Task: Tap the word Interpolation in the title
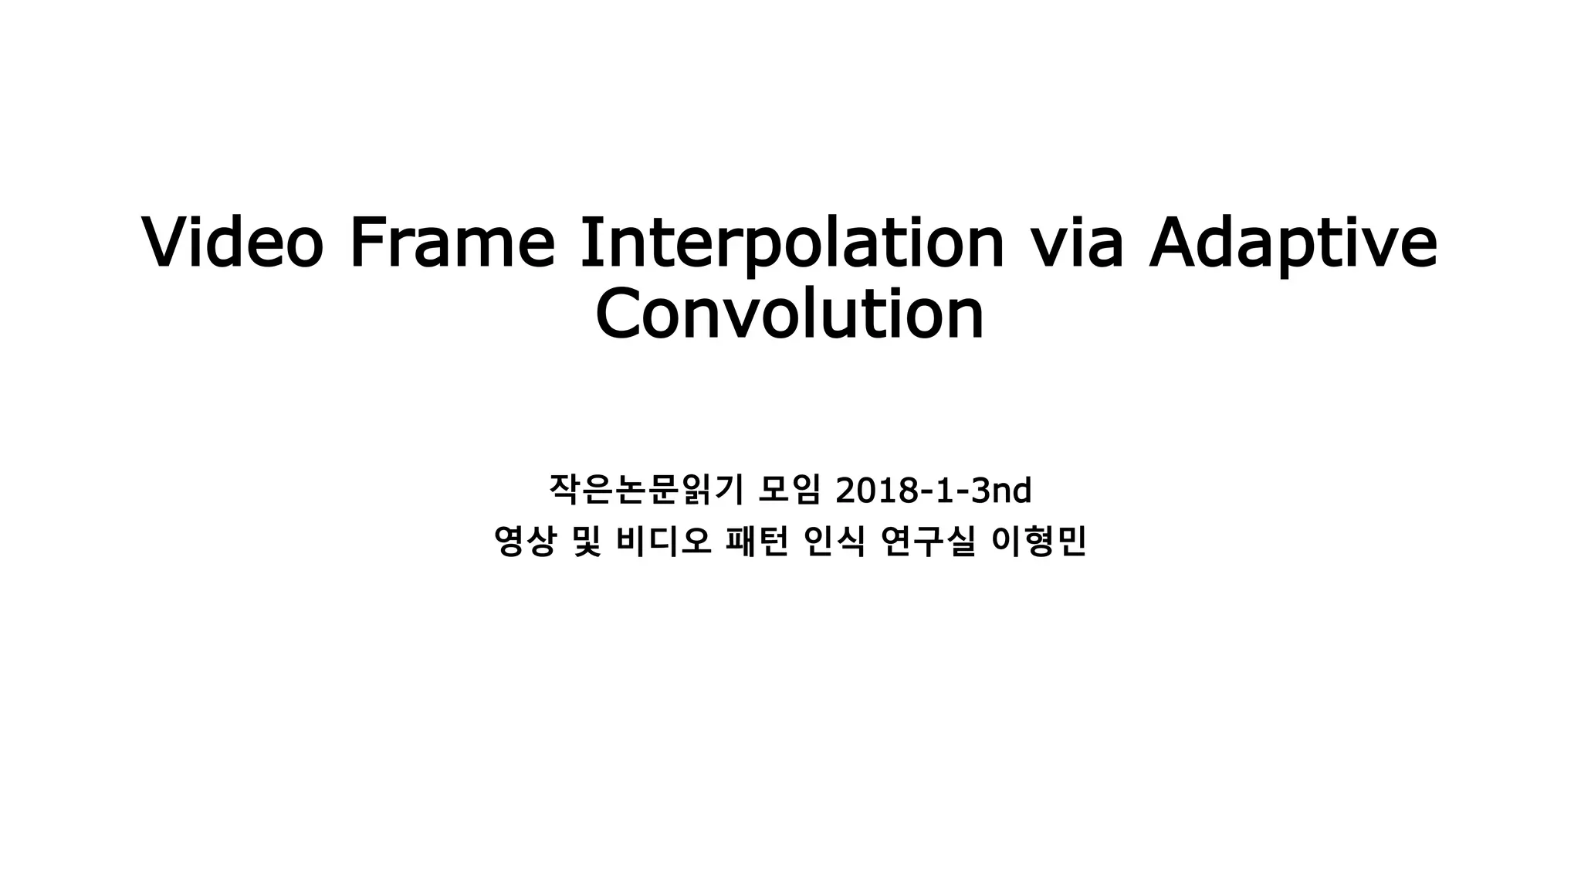(791, 244)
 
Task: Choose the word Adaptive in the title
(1293, 244)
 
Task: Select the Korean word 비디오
(663, 542)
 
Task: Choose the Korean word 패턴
(757, 542)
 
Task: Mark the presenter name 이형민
(1038, 542)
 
